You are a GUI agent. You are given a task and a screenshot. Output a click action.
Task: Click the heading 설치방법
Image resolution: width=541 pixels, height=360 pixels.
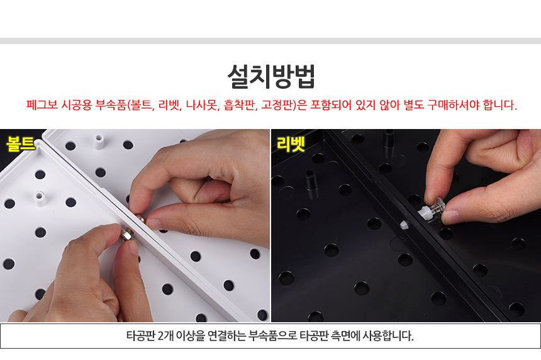[271, 77]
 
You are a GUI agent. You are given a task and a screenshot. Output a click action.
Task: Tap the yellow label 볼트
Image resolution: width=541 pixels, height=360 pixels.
[21, 143]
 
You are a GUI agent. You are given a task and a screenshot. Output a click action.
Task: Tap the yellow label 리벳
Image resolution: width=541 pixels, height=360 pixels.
[291, 144]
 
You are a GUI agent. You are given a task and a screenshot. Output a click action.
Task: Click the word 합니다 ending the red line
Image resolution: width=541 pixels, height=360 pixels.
[499, 105]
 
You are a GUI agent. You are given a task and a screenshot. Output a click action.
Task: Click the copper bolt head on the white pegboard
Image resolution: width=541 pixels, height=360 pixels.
[141, 219]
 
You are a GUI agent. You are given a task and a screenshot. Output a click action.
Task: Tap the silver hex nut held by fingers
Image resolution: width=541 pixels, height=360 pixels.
[126, 235]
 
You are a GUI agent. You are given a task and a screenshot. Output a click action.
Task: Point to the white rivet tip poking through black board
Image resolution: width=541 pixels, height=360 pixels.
[404, 225]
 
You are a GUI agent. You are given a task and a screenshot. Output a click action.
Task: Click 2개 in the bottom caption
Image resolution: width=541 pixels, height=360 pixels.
[165, 335]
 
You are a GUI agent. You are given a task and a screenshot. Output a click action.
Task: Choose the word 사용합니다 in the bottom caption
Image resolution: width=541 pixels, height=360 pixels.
[388, 335]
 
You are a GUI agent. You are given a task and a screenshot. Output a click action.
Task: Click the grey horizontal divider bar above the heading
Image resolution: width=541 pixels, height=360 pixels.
[270, 41]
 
